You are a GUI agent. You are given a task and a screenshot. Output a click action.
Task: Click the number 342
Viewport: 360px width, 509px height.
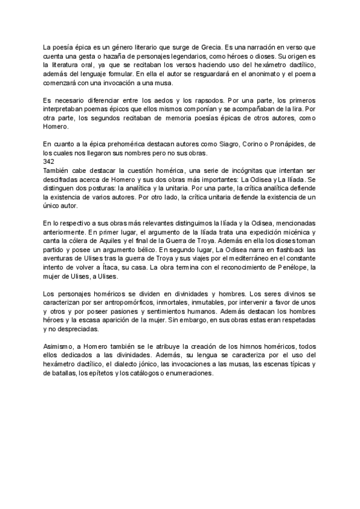50,162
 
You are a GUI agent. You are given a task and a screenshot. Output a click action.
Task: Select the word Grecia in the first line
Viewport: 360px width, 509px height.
208,46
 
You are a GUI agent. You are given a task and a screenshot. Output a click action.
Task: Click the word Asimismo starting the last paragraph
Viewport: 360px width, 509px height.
58,348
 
